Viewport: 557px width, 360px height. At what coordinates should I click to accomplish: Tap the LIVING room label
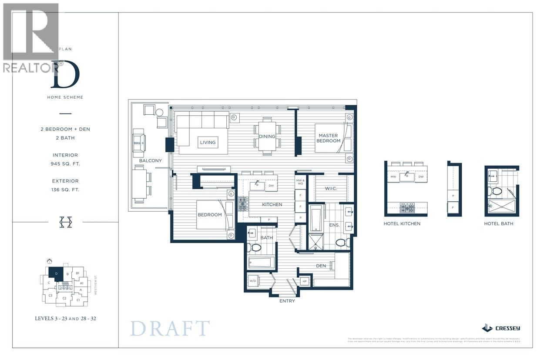point(208,142)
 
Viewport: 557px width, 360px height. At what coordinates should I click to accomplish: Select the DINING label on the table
point(267,136)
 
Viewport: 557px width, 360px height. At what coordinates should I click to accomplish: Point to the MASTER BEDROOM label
point(328,138)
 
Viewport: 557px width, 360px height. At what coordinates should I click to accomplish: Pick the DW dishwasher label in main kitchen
point(271,186)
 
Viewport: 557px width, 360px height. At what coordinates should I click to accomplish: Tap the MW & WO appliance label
point(300,182)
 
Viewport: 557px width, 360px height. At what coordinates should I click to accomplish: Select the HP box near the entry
point(305,281)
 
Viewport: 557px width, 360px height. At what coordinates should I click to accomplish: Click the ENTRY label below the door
point(287,301)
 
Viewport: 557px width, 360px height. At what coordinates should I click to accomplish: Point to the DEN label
point(322,266)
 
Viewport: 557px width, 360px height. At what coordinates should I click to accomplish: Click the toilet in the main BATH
point(255,248)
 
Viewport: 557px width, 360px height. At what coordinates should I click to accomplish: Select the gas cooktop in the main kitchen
point(242,204)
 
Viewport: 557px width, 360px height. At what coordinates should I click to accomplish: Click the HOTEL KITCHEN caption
point(402,223)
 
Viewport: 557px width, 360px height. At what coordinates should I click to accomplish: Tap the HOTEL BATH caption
point(498,223)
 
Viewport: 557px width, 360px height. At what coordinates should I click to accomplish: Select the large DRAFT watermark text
point(170,328)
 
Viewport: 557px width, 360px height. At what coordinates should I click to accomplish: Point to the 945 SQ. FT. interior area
point(65,164)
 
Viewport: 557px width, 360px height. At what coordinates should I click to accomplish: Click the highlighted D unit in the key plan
point(56,274)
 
